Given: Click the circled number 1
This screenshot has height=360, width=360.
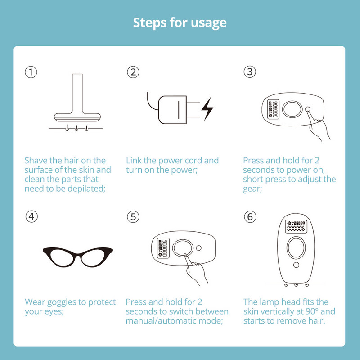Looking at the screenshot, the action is pyautogui.click(x=31, y=72).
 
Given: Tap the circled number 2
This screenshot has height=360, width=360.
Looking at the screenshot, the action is pyautogui.click(x=133, y=72).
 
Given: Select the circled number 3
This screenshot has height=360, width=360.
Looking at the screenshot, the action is pyautogui.click(x=250, y=72).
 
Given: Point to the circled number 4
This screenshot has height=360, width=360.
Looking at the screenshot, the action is pyautogui.click(x=31, y=216).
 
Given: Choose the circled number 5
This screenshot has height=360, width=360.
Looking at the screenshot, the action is pyautogui.click(x=133, y=217).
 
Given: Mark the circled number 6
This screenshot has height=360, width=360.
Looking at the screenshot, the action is pyautogui.click(x=250, y=217).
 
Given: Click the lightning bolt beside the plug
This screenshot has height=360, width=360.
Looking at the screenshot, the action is pyautogui.click(x=207, y=109).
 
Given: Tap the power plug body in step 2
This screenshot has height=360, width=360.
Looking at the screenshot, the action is pyautogui.click(x=172, y=110).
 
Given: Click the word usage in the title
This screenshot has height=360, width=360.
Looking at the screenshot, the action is pyautogui.click(x=208, y=23).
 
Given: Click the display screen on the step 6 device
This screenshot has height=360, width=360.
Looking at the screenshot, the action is pyautogui.click(x=296, y=226).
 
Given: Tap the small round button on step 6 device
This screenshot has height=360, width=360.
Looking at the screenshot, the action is pyautogui.click(x=296, y=265).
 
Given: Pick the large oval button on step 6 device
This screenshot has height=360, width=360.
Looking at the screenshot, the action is pyautogui.click(x=296, y=247).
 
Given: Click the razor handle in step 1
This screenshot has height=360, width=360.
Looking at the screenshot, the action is pyautogui.click(x=77, y=94).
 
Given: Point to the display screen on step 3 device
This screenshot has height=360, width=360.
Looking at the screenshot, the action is pyautogui.click(x=274, y=109).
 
